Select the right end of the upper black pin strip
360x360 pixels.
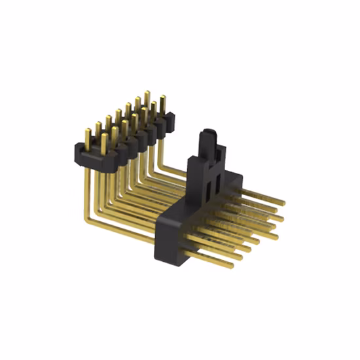point(173,118)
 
